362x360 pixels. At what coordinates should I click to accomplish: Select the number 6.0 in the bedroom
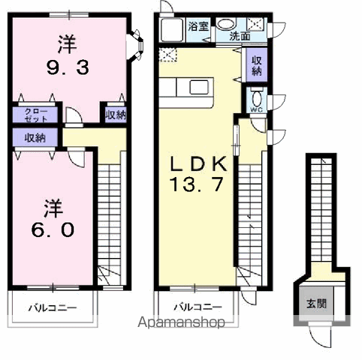[53, 229]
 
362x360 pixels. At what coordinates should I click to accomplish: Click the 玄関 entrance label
[315, 304]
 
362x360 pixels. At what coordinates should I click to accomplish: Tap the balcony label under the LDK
[198, 307]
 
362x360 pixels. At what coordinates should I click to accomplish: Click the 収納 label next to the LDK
[256, 66]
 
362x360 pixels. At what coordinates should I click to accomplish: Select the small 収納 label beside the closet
[115, 115]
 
